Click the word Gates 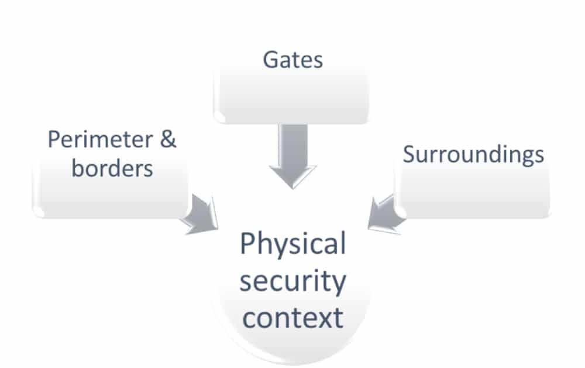292,60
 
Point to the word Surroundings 473,155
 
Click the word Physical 292,244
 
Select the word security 292,282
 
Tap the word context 292,318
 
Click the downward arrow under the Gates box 292,155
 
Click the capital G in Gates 270,60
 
